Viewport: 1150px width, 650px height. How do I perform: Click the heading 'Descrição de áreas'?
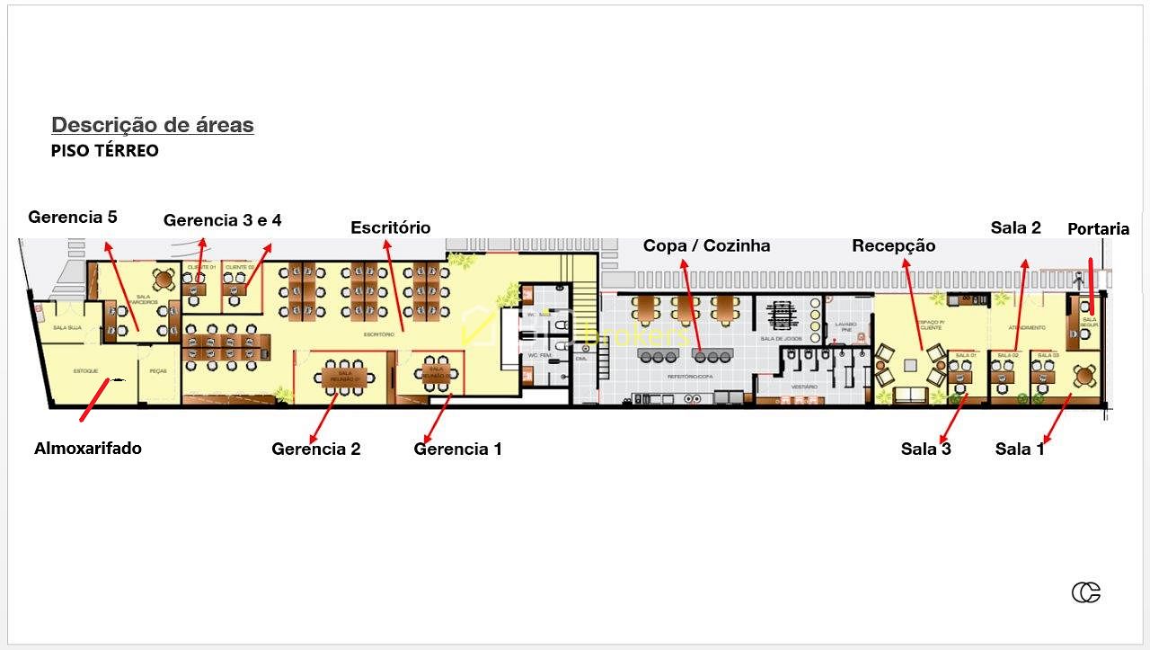click(x=153, y=125)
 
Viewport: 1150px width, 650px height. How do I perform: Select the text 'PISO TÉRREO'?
click(x=104, y=150)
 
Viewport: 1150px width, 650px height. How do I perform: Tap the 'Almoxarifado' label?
click(x=88, y=448)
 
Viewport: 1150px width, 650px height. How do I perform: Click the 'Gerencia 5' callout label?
click(x=73, y=217)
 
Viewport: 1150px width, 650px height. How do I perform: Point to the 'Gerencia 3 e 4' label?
click(x=222, y=220)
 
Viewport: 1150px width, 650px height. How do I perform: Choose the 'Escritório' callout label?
click(x=390, y=227)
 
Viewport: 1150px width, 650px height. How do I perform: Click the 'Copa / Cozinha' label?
click(x=706, y=245)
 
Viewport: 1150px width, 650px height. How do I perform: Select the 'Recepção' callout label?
click(x=893, y=245)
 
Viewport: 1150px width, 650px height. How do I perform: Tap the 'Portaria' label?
click(x=1098, y=229)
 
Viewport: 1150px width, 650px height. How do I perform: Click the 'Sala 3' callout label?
click(x=925, y=449)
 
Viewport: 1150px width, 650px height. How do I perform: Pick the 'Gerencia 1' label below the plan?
click(x=457, y=449)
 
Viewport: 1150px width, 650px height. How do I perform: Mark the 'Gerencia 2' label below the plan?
click(x=316, y=449)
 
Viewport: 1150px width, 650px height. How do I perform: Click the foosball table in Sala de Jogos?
click(x=779, y=316)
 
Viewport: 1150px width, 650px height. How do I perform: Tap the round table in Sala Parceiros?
click(x=162, y=277)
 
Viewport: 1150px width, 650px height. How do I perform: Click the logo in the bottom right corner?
click(x=1085, y=592)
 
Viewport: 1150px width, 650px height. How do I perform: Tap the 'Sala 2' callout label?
click(x=1015, y=227)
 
